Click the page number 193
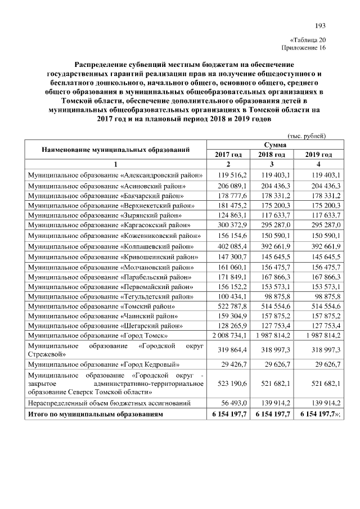click(320, 25)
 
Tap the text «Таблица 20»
click(308, 40)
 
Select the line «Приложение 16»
click(307, 48)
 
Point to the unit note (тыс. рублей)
click(307, 136)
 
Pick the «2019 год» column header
click(319, 155)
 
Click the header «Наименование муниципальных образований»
click(114, 150)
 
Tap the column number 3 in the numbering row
click(272, 165)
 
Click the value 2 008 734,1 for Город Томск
click(228, 336)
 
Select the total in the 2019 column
click(319, 414)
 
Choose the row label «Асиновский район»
click(107, 185)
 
